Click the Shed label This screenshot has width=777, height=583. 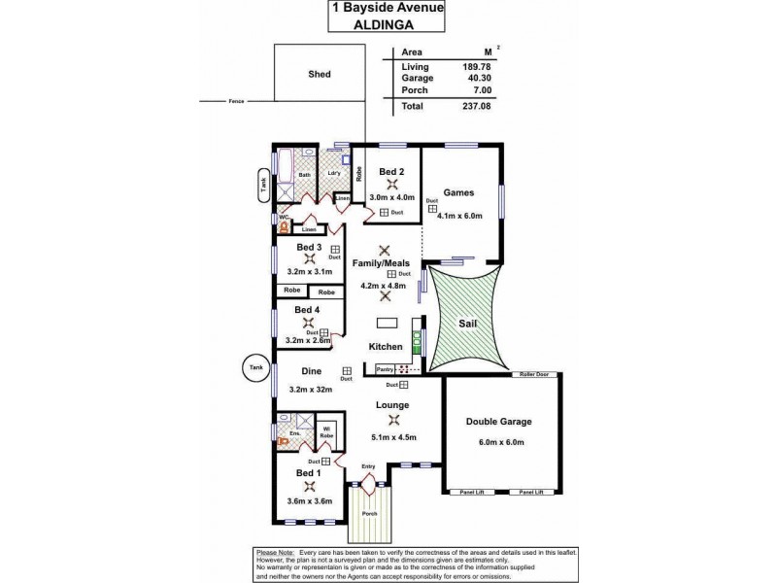click(x=320, y=73)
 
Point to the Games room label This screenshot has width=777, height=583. click(x=457, y=192)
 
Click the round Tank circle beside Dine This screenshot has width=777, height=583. click(x=254, y=368)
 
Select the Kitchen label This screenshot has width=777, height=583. click(x=386, y=347)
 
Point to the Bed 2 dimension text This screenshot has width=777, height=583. click(x=392, y=197)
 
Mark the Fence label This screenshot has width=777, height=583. click(x=235, y=101)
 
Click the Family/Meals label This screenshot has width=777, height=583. click(x=385, y=263)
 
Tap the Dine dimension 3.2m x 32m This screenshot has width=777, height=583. click(x=311, y=390)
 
